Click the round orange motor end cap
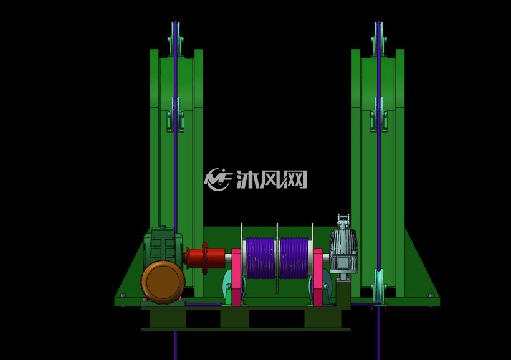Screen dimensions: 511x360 click(x=163, y=282)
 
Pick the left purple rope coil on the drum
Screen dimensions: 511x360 click(x=260, y=258)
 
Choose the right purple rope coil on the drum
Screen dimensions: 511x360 click(x=294, y=258)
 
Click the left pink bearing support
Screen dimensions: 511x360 click(x=237, y=277)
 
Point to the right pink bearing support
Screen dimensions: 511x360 click(x=318, y=277)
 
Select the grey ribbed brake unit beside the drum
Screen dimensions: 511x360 click(x=343, y=249)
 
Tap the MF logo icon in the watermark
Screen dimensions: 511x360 click(x=217, y=179)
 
